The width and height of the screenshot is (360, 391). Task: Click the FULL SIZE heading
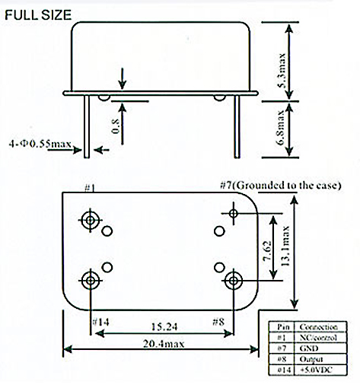38,15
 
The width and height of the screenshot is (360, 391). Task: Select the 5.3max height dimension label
282,70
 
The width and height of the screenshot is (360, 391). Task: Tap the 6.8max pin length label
282,128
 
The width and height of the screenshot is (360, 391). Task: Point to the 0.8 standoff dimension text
116,126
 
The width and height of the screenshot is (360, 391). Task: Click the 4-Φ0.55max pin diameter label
40,144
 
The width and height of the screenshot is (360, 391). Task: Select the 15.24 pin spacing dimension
164,326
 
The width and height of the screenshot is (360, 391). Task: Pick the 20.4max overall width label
164,344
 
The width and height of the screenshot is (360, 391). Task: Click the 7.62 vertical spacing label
267,250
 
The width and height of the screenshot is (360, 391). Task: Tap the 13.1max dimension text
285,246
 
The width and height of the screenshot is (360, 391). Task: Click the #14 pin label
100,322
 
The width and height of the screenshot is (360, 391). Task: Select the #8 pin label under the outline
218,322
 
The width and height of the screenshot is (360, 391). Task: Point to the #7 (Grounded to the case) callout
281,186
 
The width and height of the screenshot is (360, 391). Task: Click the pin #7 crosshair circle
234,214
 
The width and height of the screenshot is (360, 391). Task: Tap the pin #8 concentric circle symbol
234,281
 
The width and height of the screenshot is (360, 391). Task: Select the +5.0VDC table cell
316,370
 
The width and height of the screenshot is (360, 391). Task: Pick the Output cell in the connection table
311,359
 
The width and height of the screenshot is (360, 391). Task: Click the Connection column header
318,327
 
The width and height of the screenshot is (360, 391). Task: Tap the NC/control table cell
318,338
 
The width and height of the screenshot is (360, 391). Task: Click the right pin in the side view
237,127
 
